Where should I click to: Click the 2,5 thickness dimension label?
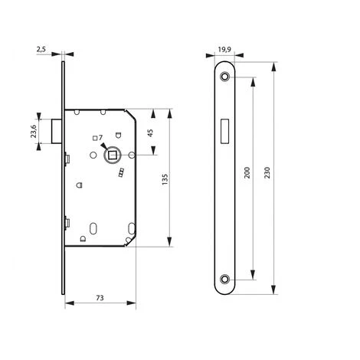click(x=41, y=49)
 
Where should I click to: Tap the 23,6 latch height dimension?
click(x=34, y=131)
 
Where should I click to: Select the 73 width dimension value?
click(x=100, y=298)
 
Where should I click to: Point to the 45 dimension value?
click(x=150, y=133)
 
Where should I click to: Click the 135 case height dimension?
click(x=165, y=179)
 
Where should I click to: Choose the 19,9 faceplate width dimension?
click(x=224, y=49)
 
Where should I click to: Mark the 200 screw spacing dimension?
click(x=247, y=172)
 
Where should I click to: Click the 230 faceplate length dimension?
click(x=267, y=172)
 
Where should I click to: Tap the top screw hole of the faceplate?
click(x=224, y=77)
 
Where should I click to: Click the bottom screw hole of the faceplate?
click(x=224, y=279)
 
